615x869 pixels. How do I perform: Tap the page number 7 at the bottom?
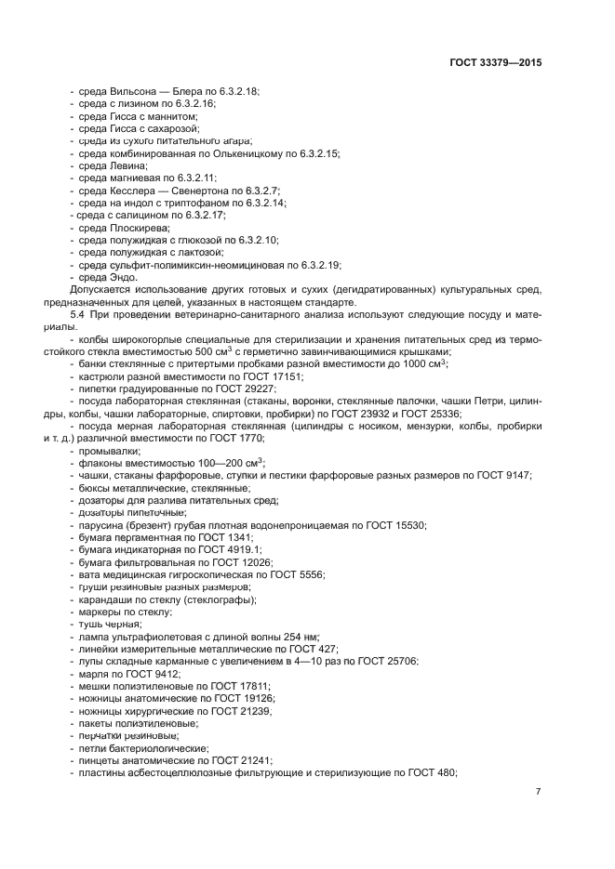click(x=538, y=791)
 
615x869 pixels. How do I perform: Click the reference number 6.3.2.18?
click(x=239, y=92)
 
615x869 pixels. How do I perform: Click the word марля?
click(x=94, y=673)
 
